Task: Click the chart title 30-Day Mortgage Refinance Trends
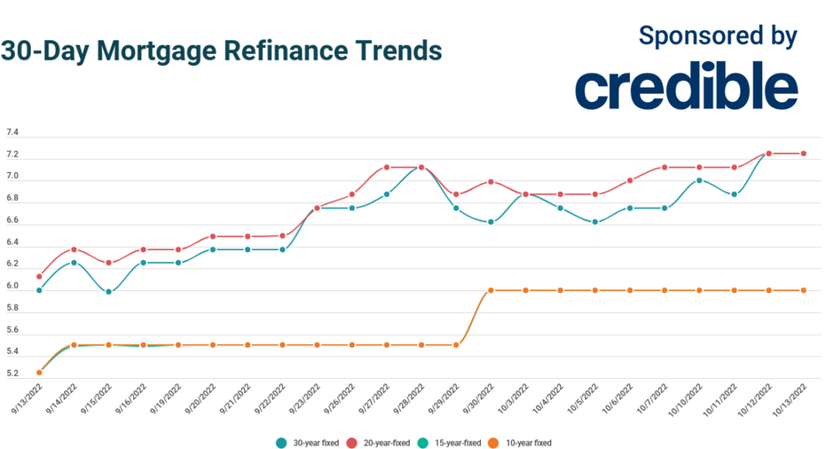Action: (221, 51)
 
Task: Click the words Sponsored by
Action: (718, 35)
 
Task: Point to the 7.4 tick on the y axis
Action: (12, 132)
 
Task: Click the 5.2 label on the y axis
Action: (12, 374)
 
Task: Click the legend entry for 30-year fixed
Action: (306, 442)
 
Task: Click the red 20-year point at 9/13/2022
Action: (39, 276)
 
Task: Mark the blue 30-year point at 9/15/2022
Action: (108, 291)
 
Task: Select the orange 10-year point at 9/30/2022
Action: (491, 290)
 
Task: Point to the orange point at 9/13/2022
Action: (39, 373)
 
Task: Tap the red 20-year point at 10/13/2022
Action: (804, 154)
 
